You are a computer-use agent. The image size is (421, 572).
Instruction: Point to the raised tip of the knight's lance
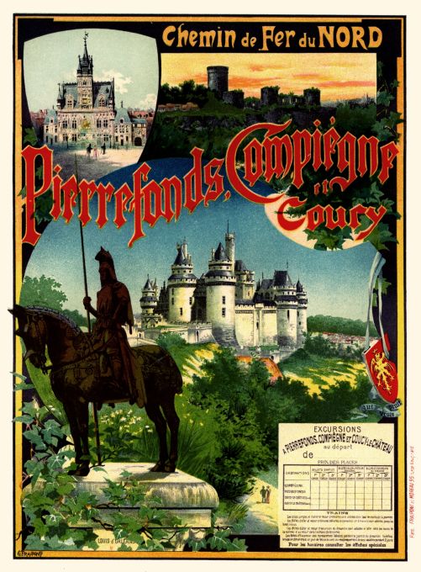(82, 199)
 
